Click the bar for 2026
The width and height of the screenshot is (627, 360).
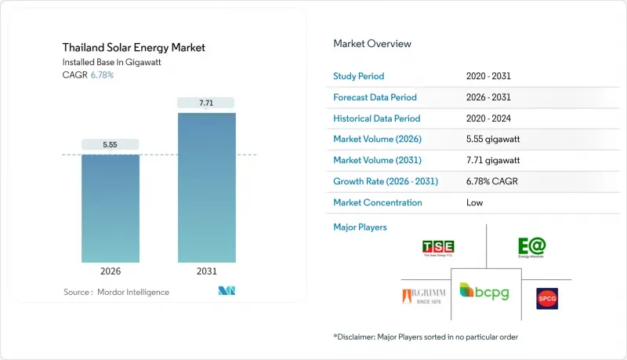tap(111, 208)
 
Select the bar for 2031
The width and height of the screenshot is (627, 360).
tap(206, 187)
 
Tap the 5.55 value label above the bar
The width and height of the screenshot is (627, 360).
tap(111, 145)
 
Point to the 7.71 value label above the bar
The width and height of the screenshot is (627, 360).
tap(206, 103)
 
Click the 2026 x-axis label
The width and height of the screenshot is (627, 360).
tap(111, 272)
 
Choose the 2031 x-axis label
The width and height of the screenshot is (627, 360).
tap(206, 272)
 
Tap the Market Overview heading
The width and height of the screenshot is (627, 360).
tap(372, 44)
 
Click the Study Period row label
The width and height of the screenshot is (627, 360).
tap(360, 76)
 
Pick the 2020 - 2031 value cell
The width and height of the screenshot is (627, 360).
tap(488, 76)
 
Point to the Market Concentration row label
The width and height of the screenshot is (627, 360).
tap(378, 202)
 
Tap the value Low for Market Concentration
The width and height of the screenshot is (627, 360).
tap(474, 202)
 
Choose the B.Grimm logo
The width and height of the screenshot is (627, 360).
tap(420, 297)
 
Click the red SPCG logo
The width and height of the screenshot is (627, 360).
tap(547, 298)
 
